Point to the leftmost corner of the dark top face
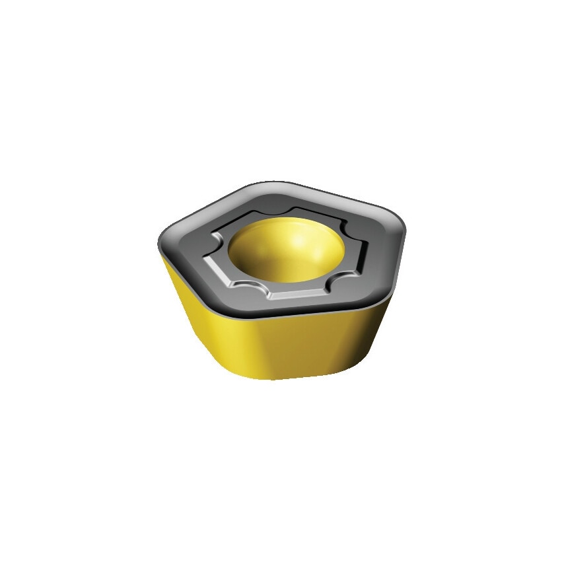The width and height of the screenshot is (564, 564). click(x=161, y=240)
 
